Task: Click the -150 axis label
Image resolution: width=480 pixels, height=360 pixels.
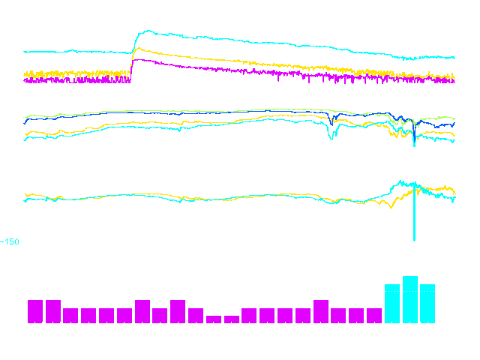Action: pos(10,241)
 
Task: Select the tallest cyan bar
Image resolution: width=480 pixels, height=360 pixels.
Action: pos(410,300)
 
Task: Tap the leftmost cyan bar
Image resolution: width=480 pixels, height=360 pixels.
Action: pos(392,304)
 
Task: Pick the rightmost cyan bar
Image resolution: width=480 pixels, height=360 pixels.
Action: pos(427,304)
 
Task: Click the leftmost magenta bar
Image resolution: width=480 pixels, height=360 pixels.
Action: pos(35,311)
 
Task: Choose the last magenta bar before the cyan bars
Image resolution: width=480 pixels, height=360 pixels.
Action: pos(374,316)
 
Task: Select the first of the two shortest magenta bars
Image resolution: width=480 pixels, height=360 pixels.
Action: pos(214,319)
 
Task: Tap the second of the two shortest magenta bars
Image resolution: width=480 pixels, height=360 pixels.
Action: pos(231,319)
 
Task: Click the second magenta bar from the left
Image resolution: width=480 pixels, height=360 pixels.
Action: pos(53,311)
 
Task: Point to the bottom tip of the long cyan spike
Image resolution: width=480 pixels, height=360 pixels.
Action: pos(414,240)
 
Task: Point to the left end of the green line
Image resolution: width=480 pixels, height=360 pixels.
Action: pos(25,118)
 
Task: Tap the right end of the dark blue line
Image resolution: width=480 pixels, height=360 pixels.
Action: pos(454,123)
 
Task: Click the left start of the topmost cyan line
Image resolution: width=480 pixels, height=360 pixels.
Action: pos(25,52)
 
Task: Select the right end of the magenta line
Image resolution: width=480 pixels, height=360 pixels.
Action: pos(454,81)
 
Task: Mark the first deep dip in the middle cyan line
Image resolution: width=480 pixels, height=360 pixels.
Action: pos(332,138)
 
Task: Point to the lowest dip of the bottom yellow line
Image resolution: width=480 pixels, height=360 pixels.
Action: pos(390,208)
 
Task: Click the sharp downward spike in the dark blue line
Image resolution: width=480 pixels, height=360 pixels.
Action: pos(414,144)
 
